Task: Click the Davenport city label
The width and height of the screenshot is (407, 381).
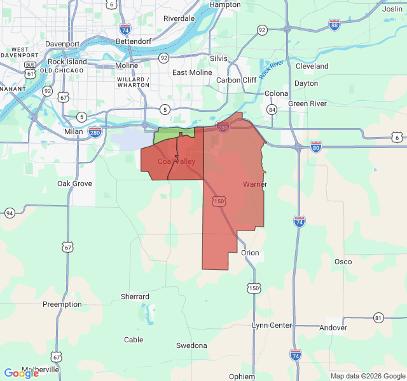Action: (x=62, y=44)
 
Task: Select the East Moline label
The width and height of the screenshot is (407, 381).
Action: (x=192, y=72)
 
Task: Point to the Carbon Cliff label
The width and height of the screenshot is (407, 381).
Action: (x=237, y=80)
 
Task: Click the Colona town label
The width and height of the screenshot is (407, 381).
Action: (x=277, y=93)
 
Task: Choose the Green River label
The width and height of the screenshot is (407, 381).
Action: (x=307, y=104)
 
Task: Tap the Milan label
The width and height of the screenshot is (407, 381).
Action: (x=74, y=131)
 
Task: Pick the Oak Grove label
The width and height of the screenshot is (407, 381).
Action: (x=75, y=184)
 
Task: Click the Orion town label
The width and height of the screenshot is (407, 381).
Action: (x=250, y=253)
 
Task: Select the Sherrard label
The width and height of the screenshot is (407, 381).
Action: (x=135, y=297)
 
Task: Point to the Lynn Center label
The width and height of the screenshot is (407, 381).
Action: (x=272, y=325)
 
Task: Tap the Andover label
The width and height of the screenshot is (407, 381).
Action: (x=333, y=328)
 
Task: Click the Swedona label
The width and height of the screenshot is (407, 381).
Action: (x=191, y=345)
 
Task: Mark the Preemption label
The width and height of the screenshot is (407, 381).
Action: (x=62, y=304)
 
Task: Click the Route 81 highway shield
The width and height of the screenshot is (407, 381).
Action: (x=379, y=317)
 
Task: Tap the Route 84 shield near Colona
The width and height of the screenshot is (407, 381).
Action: (x=272, y=110)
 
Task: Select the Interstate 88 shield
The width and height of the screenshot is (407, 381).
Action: (x=335, y=24)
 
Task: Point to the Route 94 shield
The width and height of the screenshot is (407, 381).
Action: (x=10, y=213)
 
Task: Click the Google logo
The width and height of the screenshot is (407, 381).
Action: (x=21, y=373)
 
